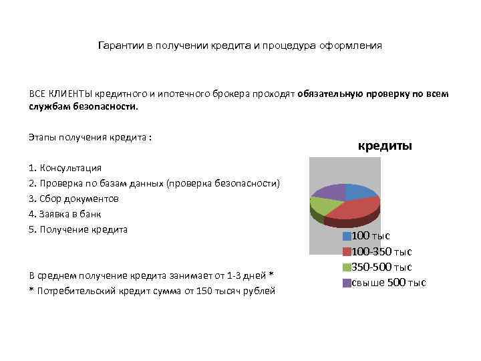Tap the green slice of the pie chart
tap(321, 206)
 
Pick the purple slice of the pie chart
tap(329, 191)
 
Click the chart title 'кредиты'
tap(385, 145)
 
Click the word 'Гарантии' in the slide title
tap(120, 45)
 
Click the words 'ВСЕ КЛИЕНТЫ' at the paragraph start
tap(59, 94)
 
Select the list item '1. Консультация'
tap(65, 167)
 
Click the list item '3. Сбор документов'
tap(73, 199)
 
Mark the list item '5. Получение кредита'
tap(77, 229)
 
